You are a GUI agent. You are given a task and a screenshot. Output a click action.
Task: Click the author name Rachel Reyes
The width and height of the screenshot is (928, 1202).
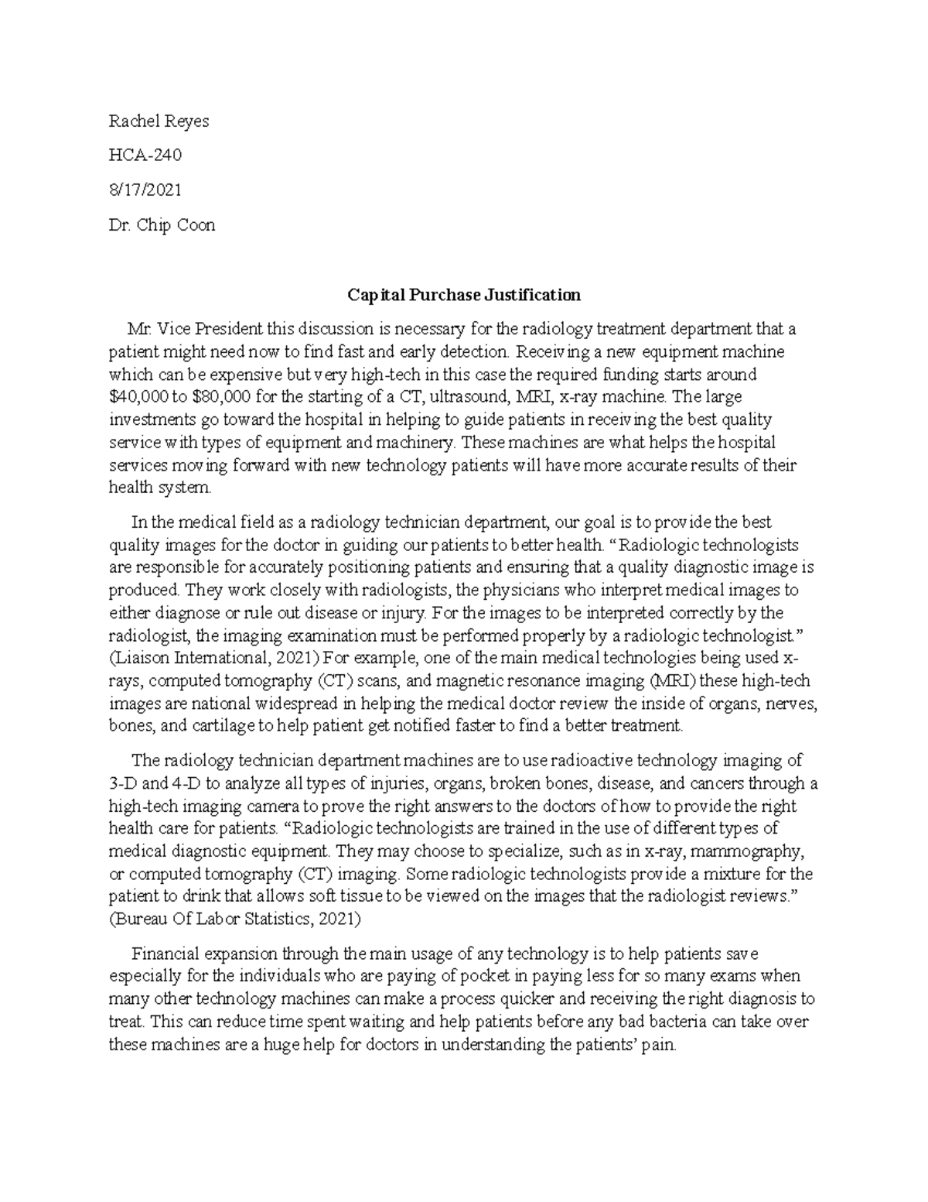[159, 122]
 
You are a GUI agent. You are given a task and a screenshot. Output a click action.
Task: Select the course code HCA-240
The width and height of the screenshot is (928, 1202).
[145, 156]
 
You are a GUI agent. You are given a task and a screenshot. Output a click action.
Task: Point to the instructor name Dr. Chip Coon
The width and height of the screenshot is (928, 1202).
[162, 225]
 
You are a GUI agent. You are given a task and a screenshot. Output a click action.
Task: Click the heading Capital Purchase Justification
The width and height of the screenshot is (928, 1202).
[463, 295]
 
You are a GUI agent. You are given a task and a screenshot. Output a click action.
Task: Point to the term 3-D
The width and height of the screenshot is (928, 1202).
[125, 783]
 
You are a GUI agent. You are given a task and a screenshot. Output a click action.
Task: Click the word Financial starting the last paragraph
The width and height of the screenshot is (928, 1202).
[165, 954]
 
